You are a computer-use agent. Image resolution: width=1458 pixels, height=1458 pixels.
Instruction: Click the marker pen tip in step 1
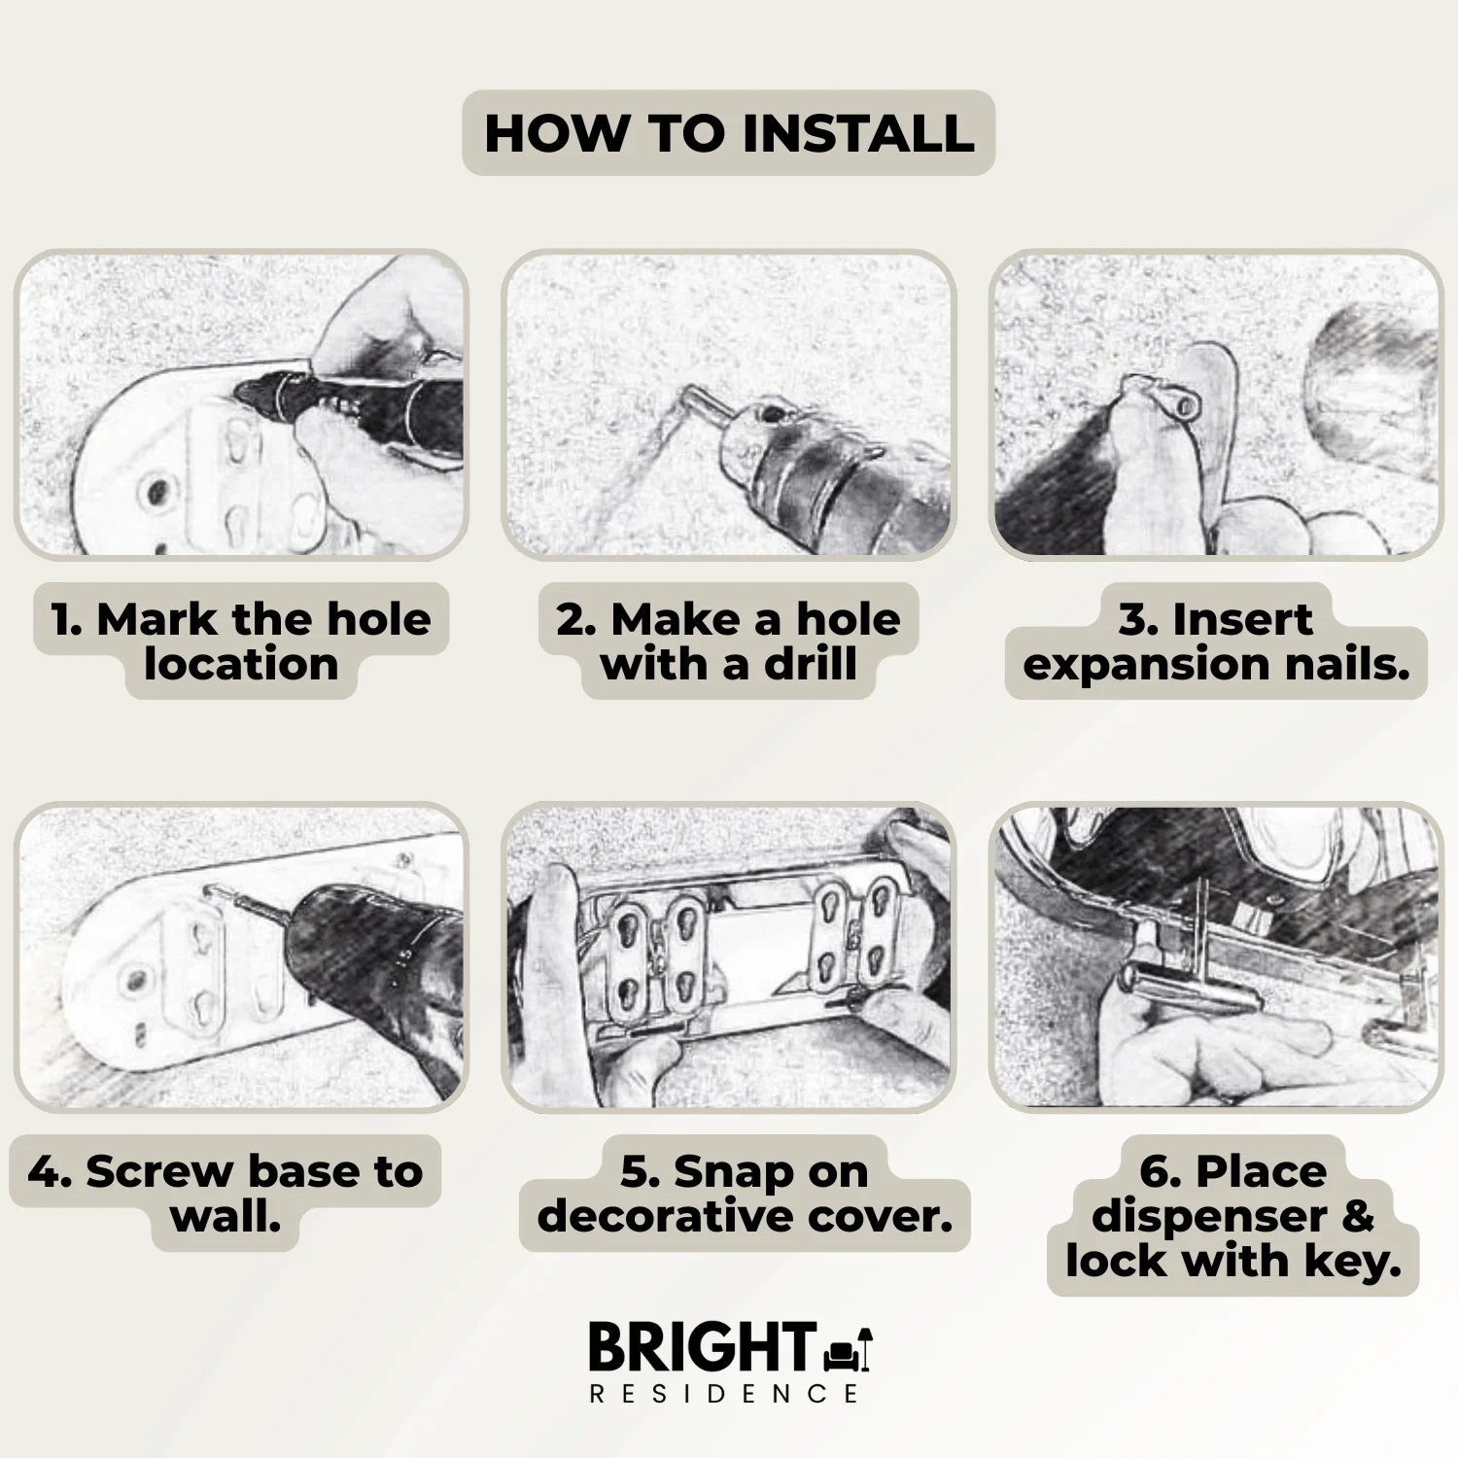click(x=245, y=394)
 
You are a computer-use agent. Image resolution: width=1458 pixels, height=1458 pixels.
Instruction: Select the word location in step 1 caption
click(x=241, y=665)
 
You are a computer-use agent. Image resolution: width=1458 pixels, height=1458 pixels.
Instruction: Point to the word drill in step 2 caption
click(x=810, y=665)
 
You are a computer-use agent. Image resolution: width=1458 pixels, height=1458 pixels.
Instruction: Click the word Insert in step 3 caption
click(x=1241, y=620)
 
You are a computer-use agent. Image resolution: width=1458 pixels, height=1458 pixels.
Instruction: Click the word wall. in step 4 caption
click(x=226, y=1216)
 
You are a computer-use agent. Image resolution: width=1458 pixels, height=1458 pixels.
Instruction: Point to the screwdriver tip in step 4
click(x=222, y=892)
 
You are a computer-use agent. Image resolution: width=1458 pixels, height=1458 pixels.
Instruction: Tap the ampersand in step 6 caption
click(x=1358, y=1216)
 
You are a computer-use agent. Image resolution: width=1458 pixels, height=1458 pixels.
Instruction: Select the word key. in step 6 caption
click(x=1352, y=1262)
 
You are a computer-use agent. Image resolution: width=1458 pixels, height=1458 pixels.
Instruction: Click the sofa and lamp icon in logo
click(x=848, y=1350)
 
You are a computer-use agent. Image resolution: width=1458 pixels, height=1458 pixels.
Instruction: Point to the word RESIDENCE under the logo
click(x=725, y=1394)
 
